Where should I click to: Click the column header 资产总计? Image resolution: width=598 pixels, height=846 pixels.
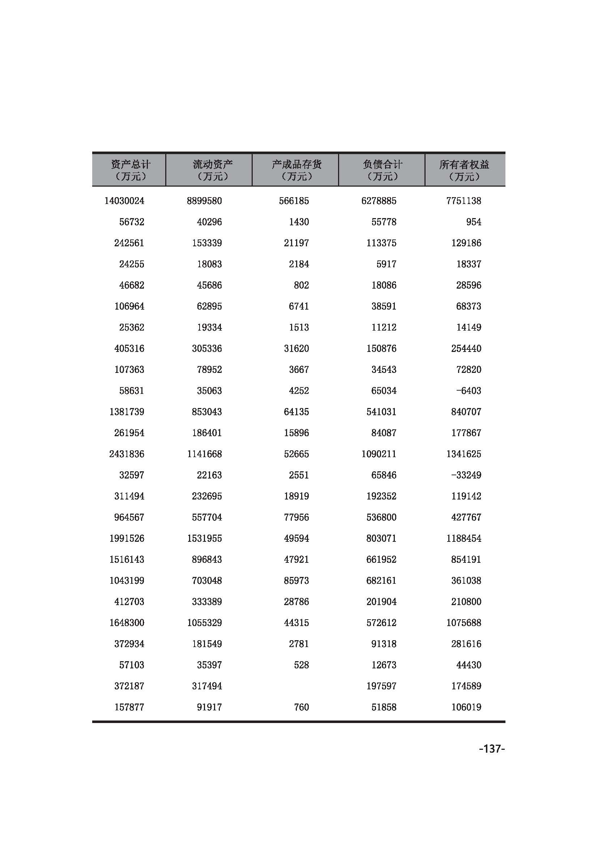coord(131,170)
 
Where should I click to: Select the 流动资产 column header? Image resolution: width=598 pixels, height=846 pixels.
coord(213,170)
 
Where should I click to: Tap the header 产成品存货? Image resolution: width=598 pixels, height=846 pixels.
coord(296,170)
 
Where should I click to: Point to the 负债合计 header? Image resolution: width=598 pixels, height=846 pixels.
coord(382,170)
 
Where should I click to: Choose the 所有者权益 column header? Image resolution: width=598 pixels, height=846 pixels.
coord(464,170)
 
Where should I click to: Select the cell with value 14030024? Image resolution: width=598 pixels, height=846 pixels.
coord(124,201)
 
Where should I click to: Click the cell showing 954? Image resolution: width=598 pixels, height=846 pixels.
coord(474,222)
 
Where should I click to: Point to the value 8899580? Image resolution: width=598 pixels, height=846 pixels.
coord(204,201)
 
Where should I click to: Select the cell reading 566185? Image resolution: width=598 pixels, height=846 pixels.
coord(294,201)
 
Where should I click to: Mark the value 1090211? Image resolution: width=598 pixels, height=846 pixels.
coord(379,454)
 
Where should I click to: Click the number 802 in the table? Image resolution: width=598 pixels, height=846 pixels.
coord(301,285)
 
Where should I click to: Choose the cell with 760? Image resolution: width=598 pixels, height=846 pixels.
coord(301,707)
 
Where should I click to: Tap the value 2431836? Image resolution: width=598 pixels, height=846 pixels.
coord(127,454)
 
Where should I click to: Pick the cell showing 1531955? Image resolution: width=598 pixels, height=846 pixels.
coord(204,538)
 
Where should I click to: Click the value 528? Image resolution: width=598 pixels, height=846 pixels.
coord(301,665)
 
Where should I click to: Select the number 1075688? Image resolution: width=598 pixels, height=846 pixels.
coord(464,623)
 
